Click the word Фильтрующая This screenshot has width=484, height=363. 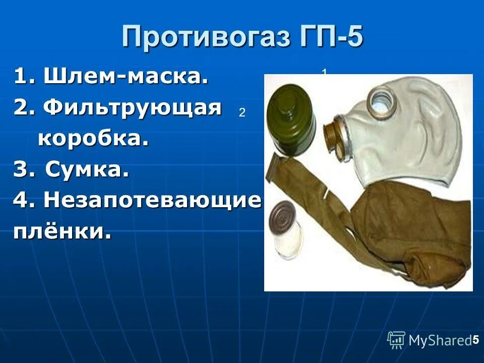pos(132,107)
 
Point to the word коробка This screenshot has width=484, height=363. pos(93,138)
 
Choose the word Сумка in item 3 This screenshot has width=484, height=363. pos(87,170)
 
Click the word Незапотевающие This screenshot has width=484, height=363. pos(153,201)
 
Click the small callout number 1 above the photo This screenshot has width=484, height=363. pos(325,73)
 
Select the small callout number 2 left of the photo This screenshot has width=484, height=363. pos(242,113)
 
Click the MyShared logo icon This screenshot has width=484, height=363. pos(396,340)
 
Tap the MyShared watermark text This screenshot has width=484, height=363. pos(440,341)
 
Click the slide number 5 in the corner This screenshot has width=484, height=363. pos(475,340)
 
